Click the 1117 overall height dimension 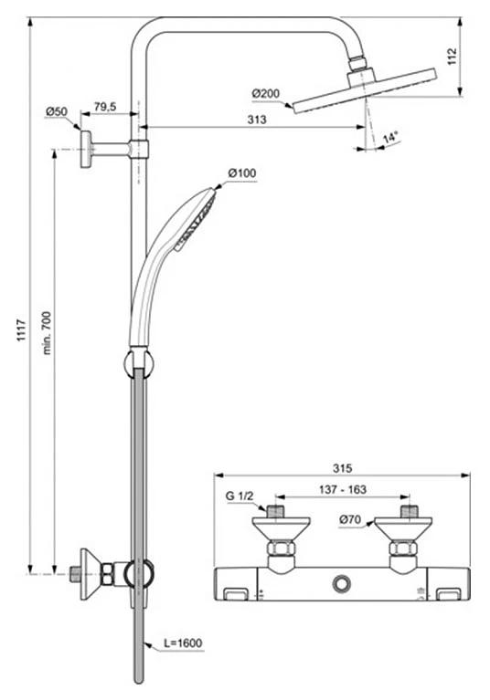click(x=21, y=330)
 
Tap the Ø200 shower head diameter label click(x=265, y=94)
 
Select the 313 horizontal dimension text click(x=257, y=120)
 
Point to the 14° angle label click(x=390, y=137)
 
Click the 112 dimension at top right click(x=452, y=57)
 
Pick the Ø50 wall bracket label click(x=57, y=111)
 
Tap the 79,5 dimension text click(x=105, y=107)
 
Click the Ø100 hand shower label click(x=242, y=172)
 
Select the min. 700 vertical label click(x=47, y=333)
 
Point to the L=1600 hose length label click(x=183, y=643)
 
